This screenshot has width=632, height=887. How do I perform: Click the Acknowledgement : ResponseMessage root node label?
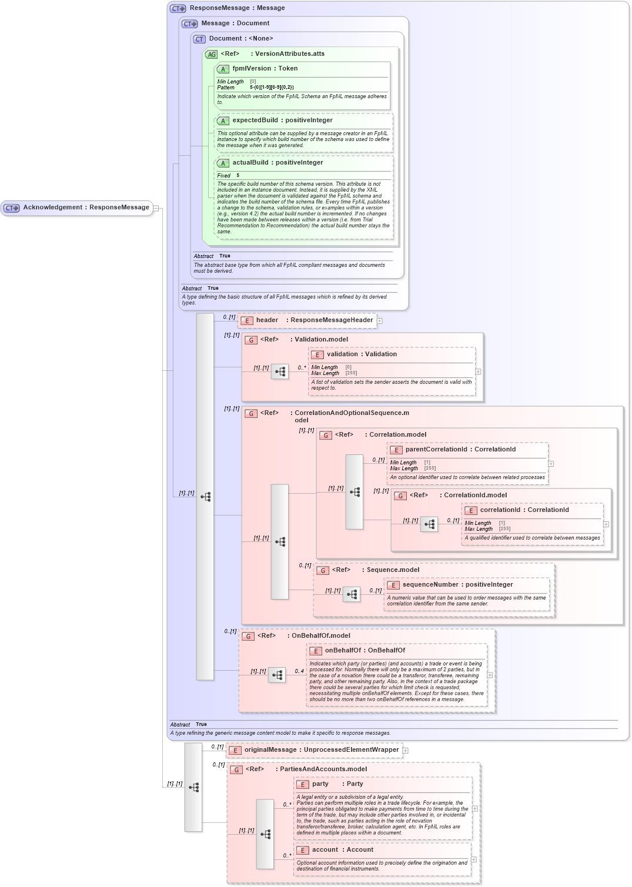pos(86,207)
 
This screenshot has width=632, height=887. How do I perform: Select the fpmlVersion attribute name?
pos(252,69)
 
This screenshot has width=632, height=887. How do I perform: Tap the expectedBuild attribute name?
pos(255,121)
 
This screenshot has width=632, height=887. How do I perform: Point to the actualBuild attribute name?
pos(252,163)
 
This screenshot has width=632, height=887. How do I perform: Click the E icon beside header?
pos(247,321)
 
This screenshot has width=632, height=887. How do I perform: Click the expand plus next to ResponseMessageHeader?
pos(380,321)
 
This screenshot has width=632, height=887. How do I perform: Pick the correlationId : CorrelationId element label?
pos(524,510)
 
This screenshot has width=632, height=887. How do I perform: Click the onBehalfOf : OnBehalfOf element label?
pos(365,651)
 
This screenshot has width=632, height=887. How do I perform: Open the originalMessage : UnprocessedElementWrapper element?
pos(322,750)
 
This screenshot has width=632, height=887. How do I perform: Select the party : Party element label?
pos(337,784)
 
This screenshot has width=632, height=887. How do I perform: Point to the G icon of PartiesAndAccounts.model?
pos(236,770)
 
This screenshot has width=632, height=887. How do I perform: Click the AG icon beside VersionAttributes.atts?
pos(211,55)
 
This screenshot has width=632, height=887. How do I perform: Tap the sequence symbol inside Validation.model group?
pos(280,371)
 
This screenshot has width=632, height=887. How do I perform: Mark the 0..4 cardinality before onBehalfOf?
pos(299,671)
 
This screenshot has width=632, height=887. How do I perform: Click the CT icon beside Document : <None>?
pos(199,39)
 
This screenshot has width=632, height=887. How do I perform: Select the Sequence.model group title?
pos(393,570)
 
